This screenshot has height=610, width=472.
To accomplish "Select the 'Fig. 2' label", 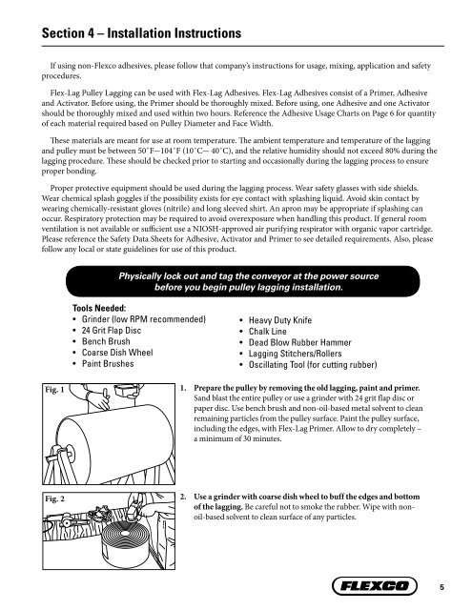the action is [31, 498].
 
